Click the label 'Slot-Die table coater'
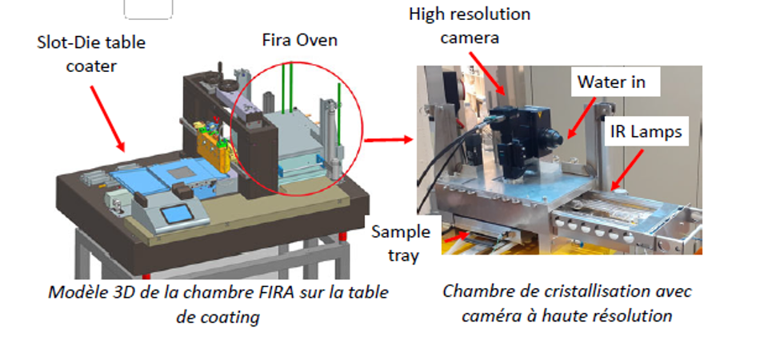coord(91,54)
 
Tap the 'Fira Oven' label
coord(300,40)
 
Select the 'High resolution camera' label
coord(470,26)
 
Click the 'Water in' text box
coord(611,82)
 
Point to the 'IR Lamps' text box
coord(646,131)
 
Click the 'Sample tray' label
coord(401,243)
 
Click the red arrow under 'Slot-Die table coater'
coord(107,118)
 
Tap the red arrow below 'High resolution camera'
coord(488,73)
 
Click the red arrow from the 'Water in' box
coord(582,117)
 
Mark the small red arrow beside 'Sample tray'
coord(454,236)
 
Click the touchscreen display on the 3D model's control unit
coord(177,214)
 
